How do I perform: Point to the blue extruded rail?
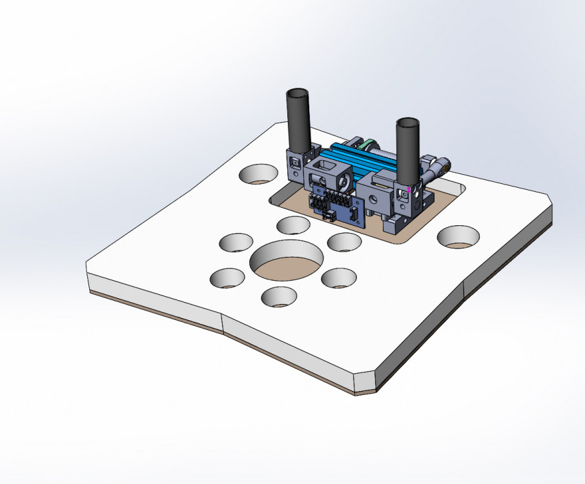click(362, 161)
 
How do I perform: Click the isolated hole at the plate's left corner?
click(257, 174)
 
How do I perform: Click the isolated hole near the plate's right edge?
click(458, 236)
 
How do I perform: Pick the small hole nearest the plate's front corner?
click(280, 296)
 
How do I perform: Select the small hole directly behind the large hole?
click(293, 225)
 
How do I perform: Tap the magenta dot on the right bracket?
click(409, 190)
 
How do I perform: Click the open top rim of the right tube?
click(408, 122)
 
